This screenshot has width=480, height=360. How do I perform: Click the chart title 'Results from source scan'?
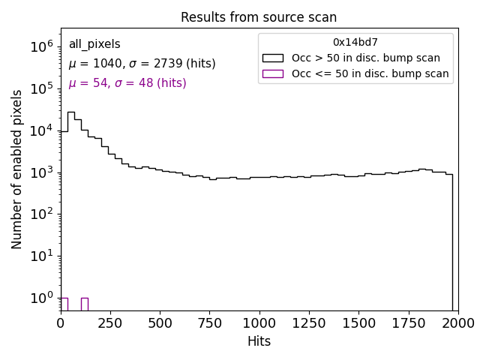259,17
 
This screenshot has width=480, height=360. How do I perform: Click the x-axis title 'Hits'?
259,341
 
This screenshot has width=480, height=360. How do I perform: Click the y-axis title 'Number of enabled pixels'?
17,169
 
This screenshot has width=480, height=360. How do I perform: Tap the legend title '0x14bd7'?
355,43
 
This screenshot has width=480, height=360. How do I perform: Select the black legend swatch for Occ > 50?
273,58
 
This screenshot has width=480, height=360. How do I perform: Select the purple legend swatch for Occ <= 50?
273,73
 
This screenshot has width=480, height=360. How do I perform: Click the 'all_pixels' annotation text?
94,45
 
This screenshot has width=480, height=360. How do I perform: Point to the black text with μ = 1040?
142,64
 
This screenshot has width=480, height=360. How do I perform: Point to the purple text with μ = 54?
127,83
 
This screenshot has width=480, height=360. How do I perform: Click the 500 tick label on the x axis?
160,323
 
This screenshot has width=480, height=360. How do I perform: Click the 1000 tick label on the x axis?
259,323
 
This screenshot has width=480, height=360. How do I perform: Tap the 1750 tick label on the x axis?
408,323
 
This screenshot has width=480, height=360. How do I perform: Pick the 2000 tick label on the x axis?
457,323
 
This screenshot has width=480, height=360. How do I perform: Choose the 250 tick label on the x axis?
110,323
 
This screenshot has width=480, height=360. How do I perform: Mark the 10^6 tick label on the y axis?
42,46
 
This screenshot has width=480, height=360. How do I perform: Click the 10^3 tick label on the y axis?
42,172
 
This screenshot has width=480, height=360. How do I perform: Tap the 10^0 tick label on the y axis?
42,298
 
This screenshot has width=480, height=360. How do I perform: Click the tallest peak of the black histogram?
70,113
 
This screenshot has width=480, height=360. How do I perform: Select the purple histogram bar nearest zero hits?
64,304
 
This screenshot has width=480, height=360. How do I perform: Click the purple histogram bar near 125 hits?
84,304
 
